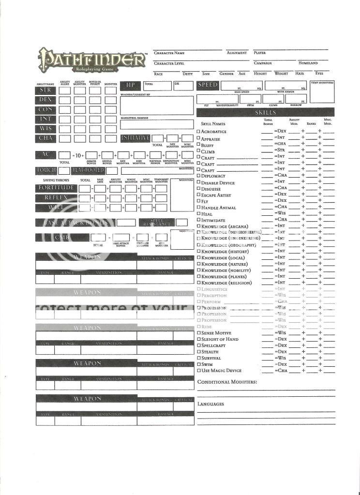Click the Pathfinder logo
(91, 60)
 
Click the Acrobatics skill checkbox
(198, 132)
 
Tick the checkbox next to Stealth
(198, 352)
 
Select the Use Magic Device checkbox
(198, 371)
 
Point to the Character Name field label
(169, 53)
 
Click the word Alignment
(237, 53)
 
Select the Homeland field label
(308, 63)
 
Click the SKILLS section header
(265, 112)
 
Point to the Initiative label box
(135, 138)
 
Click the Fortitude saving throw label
(56, 188)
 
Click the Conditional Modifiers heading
(227, 382)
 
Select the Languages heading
(210, 404)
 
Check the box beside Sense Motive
(198, 333)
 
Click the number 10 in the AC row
(78, 155)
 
